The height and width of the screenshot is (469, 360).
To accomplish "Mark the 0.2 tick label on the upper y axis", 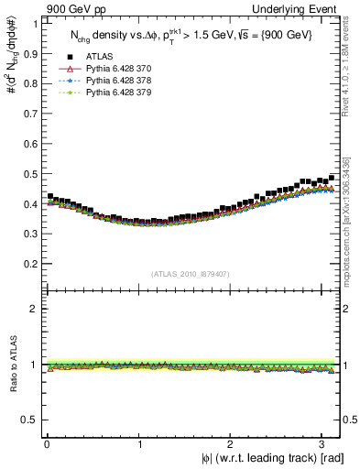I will pyautogui.click(x=30, y=264).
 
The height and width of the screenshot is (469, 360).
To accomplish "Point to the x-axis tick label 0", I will pyautogui.click(x=47, y=443).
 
